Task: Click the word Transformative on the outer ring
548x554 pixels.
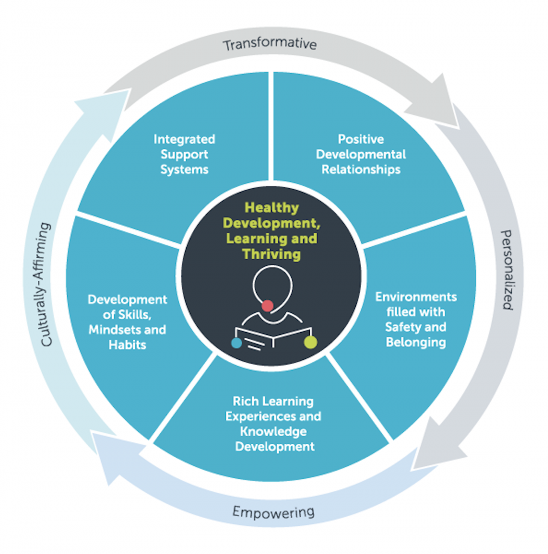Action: pyautogui.click(x=270, y=43)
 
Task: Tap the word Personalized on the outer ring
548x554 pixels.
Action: pyautogui.click(x=505, y=269)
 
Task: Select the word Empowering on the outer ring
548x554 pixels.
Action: pyautogui.click(x=273, y=511)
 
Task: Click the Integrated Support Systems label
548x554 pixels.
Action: pyautogui.click(x=184, y=154)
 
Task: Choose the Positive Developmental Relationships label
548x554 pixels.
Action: pyautogui.click(x=361, y=154)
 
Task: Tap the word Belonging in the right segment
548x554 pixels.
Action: pyautogui.click(x=416, y=342)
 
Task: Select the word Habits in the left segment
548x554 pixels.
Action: pyautogui.click(x=127, y=344)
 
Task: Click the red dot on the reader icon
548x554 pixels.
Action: pyautogui.click(x=268, y=306)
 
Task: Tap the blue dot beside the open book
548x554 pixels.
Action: pyautogui.click(x=236, y=342)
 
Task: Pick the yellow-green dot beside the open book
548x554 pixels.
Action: pyautogui.click(x=310, y=342)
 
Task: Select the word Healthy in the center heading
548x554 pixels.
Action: pyautogui.click(x=272, y=208)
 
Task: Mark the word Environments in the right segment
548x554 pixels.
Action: pyautogui.click(x=416, y=297)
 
